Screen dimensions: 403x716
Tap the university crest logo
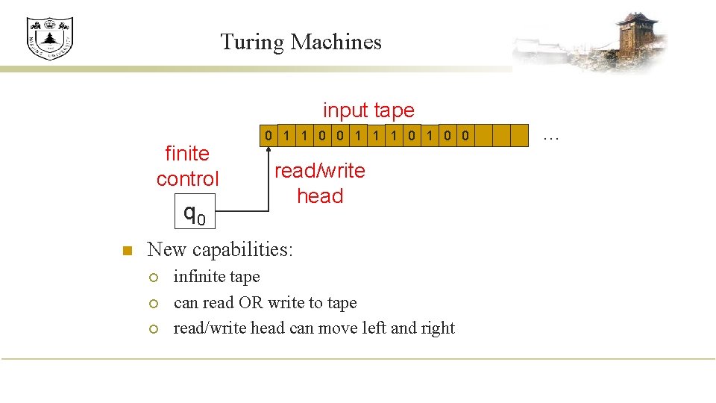pos(49,38)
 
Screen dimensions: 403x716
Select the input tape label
pos(368,110)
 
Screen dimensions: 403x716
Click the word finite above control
pos(187,154)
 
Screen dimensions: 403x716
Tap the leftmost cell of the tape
pos(268,136)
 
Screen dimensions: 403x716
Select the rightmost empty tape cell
pos(520,136)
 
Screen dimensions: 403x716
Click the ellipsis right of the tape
pos(551,135)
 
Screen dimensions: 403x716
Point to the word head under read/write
pos(320,196)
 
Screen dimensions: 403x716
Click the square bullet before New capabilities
pos(127,250)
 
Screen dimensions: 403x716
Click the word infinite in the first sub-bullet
pos(198,277)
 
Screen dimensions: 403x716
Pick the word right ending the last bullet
pos(437,329)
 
